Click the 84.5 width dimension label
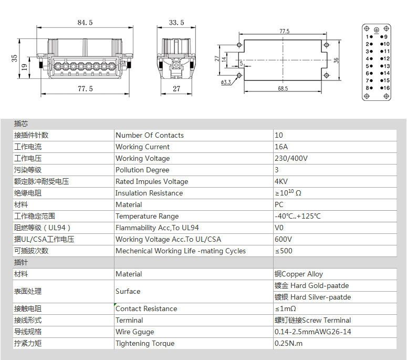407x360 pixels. point(85,23)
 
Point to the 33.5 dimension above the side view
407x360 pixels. point(176,23)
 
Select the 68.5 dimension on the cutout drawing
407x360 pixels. point(283,89)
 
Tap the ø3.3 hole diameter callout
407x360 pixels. point(226,83)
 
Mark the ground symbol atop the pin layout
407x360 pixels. point(377,30)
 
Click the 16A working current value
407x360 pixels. point(281,147)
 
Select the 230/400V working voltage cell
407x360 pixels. point(291,158)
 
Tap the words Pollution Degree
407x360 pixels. point(142,170)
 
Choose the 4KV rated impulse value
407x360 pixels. point(281,181)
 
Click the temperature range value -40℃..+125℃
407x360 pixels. point(298,216)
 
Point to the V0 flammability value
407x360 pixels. point(279,228)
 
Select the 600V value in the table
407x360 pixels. point(283,239)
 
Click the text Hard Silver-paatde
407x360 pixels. point(321,297)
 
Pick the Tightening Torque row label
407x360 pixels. point(145,343)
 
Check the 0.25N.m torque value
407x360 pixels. point(289,343)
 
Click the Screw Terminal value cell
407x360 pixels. point(313,320)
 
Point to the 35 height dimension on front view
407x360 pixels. point(14,58)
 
